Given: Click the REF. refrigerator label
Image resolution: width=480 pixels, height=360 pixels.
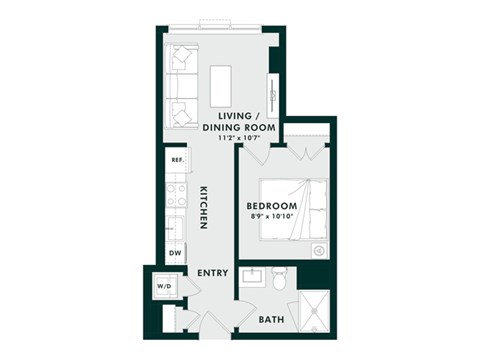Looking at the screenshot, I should [176, 160].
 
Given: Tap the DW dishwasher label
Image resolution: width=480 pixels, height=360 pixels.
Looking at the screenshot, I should [175, 254].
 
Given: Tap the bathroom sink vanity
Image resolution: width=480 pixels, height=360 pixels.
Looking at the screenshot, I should [252, 276].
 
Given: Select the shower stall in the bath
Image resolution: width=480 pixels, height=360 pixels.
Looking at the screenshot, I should [315, 310].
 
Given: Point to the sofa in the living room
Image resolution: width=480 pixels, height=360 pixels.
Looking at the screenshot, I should [181, 84].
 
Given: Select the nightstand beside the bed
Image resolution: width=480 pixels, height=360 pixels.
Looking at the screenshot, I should [319, 251].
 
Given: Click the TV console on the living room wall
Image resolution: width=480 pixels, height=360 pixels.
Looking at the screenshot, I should [271, 86].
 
